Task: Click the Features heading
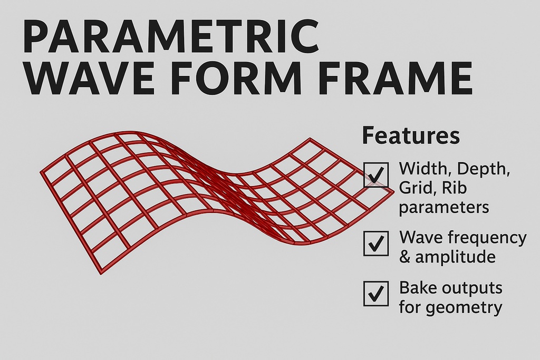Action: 410,136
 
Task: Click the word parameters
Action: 443,208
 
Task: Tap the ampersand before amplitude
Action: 406,257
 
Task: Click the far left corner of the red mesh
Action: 42,172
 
